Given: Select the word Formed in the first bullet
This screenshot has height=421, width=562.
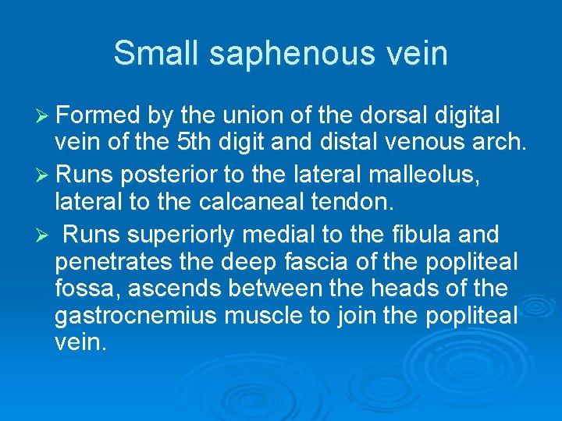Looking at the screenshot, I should pyautogui.click(x=96, y=116).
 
